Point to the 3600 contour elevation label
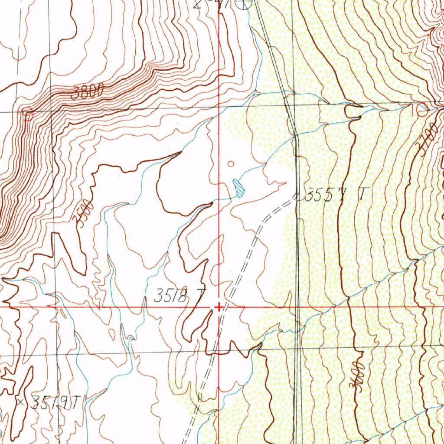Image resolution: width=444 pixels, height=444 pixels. (x=356, y=376)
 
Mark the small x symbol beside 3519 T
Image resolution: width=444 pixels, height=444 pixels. (x=20, y=402)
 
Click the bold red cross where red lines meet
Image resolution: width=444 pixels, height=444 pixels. (x=219, y=307)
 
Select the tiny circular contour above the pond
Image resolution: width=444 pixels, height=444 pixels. (x=231, y=164)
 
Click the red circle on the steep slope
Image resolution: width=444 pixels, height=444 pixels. (x=28, y=114)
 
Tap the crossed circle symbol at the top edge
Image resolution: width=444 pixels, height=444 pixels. (x=245, y=4)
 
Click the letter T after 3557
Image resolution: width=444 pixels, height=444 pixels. (x=361, y=195)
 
